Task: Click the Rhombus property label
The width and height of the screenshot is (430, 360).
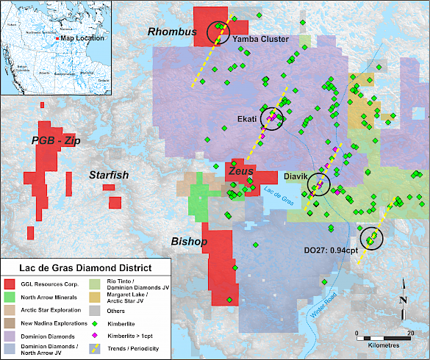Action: [172, 32]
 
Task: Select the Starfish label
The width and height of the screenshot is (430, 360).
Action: [109, 176]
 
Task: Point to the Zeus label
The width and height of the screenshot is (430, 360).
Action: [240, 170]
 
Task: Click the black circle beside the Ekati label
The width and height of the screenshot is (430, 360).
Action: [272, 120]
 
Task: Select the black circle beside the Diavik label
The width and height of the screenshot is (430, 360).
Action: [318, 184]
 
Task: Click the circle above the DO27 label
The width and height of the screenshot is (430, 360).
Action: [372, 238]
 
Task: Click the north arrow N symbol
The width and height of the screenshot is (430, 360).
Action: [403, 299]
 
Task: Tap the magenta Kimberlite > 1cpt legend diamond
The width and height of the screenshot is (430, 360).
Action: [97, 335]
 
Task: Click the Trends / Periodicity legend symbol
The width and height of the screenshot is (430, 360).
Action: [97, 348]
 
